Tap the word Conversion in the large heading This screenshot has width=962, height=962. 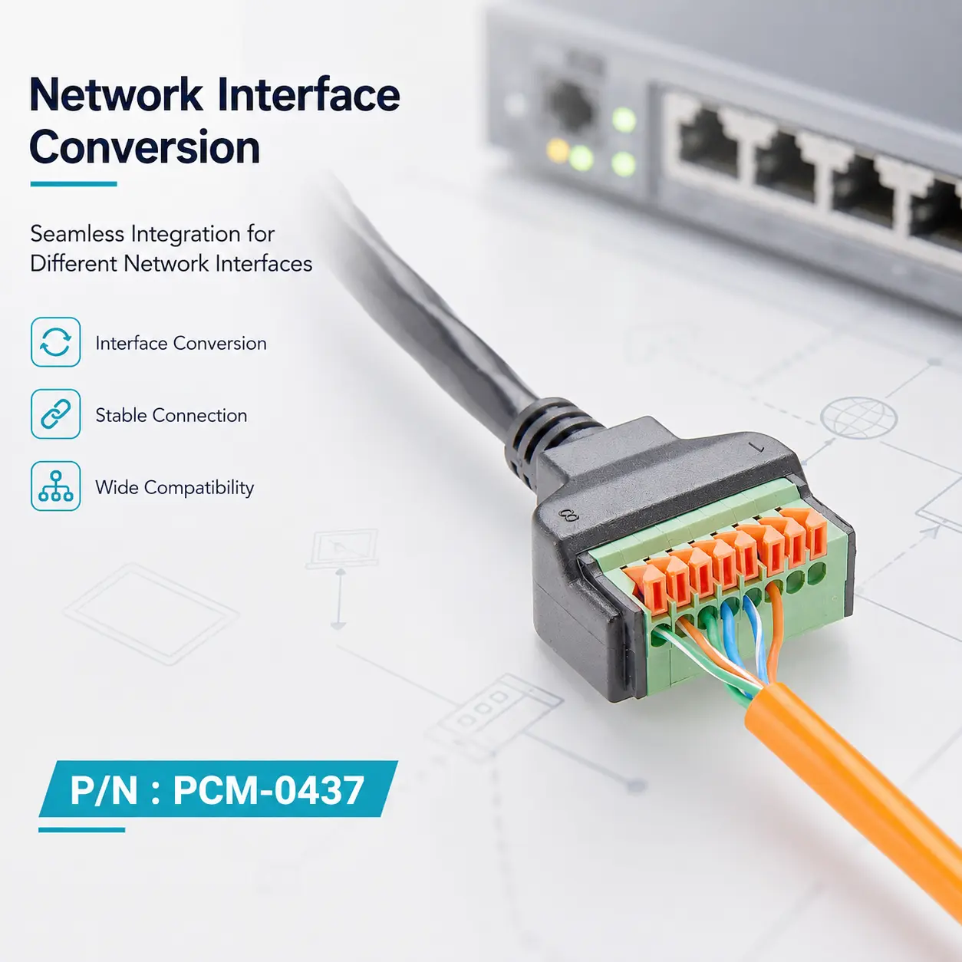(x=145, y=147)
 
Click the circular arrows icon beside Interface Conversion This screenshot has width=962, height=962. (x=55, y=342)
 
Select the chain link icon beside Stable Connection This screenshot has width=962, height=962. (x=55, y=413)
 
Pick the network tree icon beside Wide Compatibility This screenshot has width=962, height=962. (x=55, y=486)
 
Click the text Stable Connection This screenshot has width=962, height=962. (x=171, y=415)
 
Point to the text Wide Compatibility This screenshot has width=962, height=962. (x=175, y=488)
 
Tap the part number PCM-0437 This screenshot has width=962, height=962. (x=269, y=789)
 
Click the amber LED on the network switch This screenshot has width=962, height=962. (x=558, y=151)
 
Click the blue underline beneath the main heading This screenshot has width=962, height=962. (x=74, y=183)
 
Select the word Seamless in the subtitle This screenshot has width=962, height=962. (x=77, y=234)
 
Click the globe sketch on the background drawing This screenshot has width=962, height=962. (x=858, y=417)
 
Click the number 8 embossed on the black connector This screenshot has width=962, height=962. (x=568, y=514)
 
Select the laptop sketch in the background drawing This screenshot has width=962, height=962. (x=342, y=549)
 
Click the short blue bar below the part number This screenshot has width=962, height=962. (x=81, y=830)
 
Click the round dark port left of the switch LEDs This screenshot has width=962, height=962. (x=571, y=107)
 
